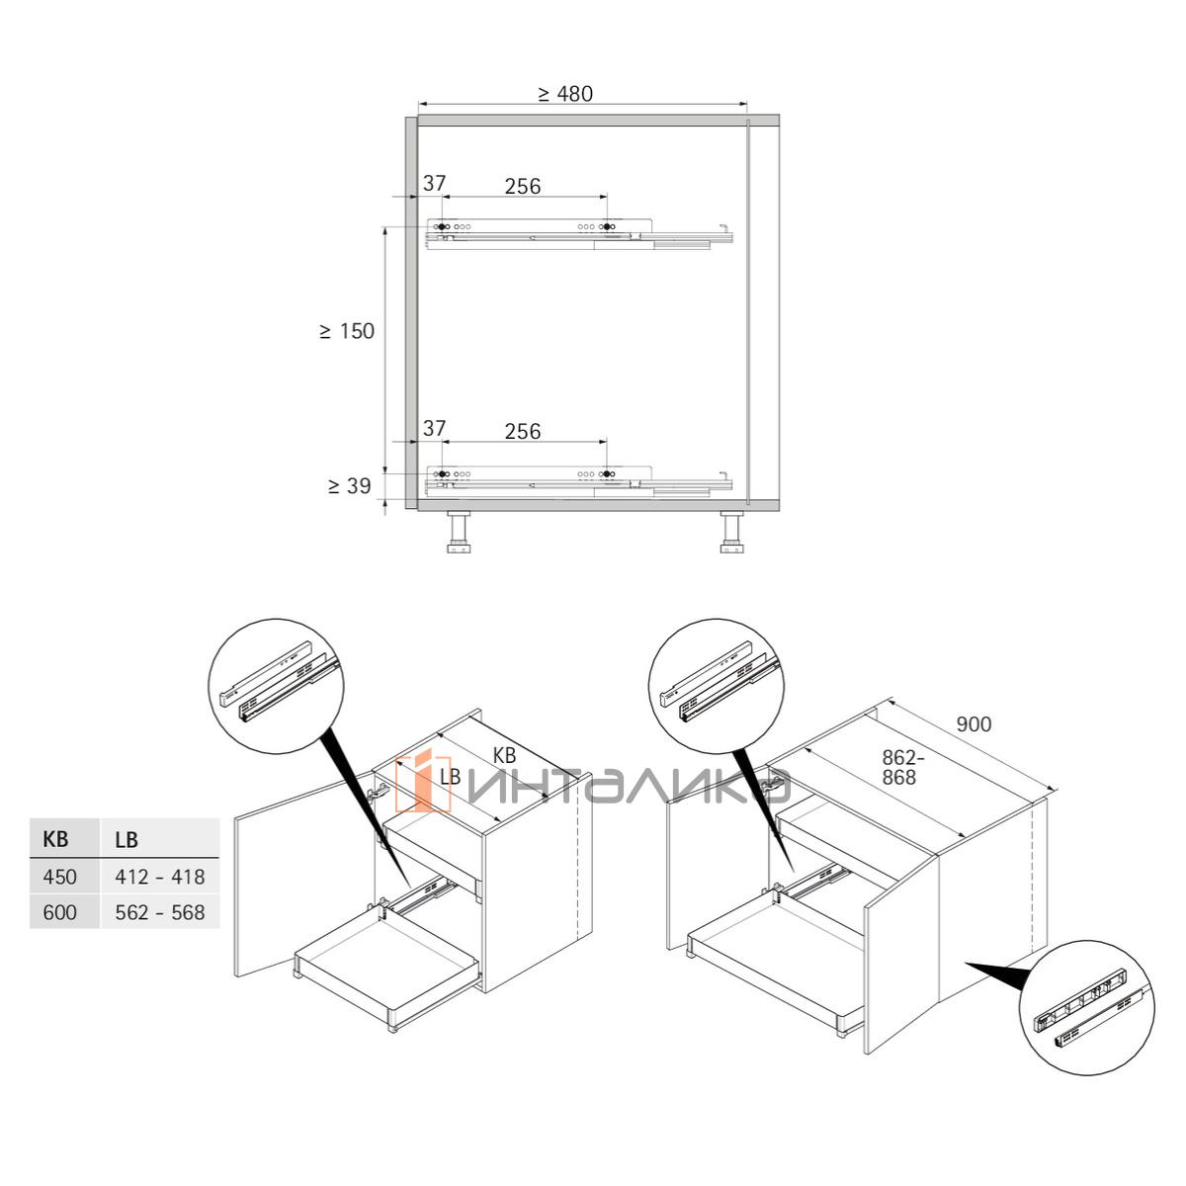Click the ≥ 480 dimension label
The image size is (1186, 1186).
(565, 94)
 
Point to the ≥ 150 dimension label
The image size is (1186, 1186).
(347, 331)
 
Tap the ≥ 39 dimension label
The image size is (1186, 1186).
(350, 486)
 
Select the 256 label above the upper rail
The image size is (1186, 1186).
(523, 186)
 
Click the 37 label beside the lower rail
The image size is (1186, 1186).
(434, 428)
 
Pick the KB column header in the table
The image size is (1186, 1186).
(55, 839)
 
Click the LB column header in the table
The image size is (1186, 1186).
(127, 839)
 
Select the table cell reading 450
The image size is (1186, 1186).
(59, 877)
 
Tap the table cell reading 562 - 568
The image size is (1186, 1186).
(160, 912)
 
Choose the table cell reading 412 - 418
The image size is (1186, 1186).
(160, 877)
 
